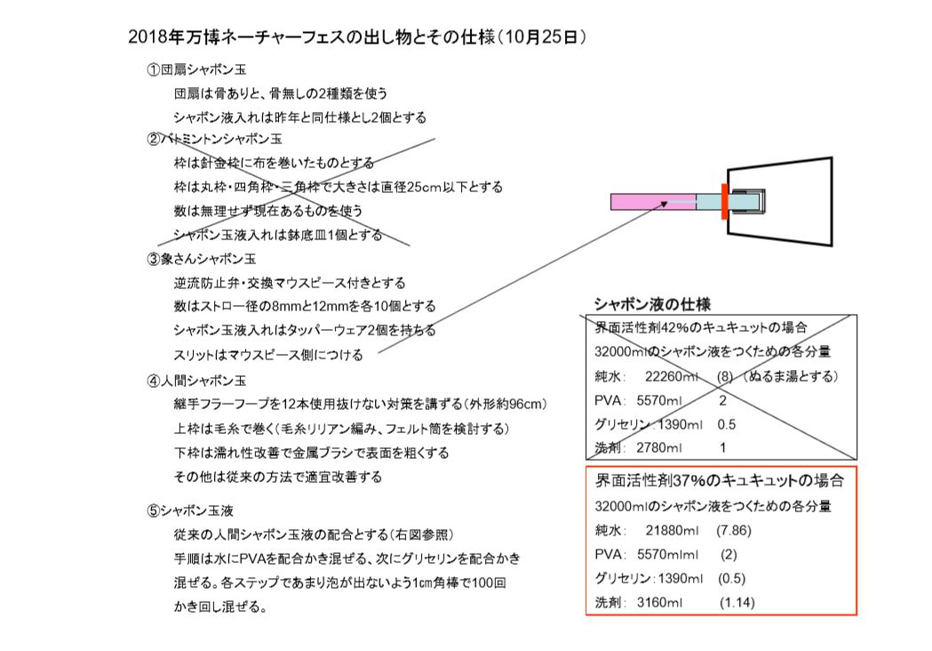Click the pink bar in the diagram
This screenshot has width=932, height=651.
click(x=653, y=202)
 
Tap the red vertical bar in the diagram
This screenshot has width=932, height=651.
click(x=725, y=202)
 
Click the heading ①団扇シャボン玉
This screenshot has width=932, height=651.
click(x=196, y=69)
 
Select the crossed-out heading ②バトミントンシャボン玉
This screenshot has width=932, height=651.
click(x=214, y=140)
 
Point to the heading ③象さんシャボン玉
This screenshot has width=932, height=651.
click(x=201, y=259)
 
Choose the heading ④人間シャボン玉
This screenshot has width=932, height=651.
click(x=196, y=381)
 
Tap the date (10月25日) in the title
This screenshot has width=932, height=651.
click(x=542, y=36)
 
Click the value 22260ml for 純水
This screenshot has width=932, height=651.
click(x=672, y=376)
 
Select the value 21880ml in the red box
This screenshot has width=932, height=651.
click(x=673, y=530)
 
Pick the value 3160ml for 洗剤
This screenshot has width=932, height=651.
click(x=660, y=602)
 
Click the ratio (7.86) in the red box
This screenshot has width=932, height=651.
click(x=734, y=530)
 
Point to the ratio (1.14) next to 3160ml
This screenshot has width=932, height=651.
click(x=737, y=602)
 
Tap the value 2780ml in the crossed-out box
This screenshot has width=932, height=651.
click(x=659, y=447)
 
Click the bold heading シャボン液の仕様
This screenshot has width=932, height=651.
click(x=653, y=304)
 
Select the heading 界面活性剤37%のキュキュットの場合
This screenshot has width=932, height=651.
click(x=719, y=480)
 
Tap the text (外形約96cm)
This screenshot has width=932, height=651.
click(x=506, y=404)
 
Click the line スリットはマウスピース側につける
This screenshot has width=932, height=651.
click(x=268, y=355)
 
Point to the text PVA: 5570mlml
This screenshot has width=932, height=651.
click(x=647, y=555)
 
